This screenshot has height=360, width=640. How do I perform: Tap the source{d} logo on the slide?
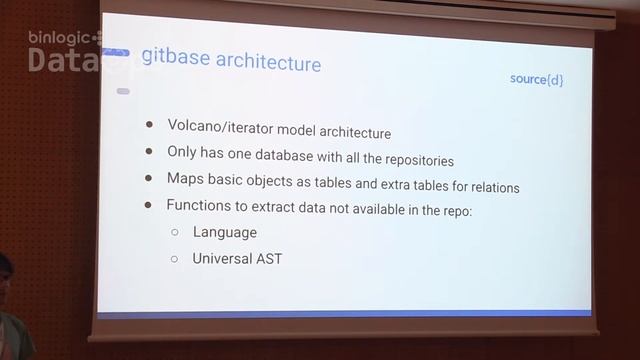tap(536, 78)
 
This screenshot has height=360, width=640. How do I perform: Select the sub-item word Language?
tap(225, 232)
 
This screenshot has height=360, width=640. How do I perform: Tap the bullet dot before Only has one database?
tap(149, 153)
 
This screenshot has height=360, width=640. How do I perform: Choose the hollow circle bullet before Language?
tap(174, 232)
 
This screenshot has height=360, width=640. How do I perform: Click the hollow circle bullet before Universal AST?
tap(174, 258)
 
